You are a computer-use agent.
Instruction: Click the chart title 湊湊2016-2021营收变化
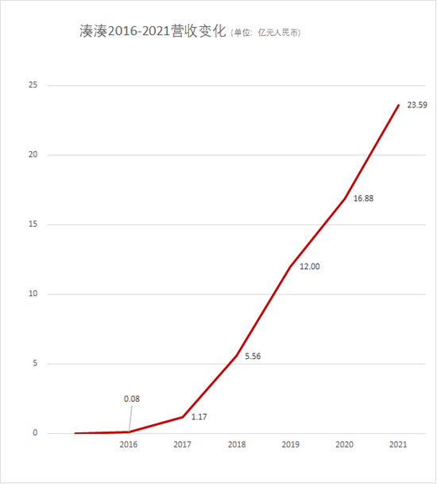[x=153, y=32]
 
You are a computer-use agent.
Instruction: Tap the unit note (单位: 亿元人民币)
[x=265, y=33]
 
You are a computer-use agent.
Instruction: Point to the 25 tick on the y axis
[x=33, y=85]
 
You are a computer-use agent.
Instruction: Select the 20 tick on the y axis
[x=33, y=154]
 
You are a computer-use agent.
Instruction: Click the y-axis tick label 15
[x=33, y=224]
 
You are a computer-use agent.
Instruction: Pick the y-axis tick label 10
[x=33, y=294]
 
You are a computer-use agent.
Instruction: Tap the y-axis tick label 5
[x=35, y=363]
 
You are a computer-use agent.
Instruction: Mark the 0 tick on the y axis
[x=35, y=433]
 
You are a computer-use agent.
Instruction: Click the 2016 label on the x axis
[x=129, y=444]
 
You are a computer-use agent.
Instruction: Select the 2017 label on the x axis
[x=182, y=444]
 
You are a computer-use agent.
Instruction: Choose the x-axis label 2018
[x=237, y=444]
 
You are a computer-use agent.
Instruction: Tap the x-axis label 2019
[x=290, y=444]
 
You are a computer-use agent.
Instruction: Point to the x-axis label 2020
[x=344, y=444]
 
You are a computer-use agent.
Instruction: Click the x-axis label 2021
[x=398, y=444]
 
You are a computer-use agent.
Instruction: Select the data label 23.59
[x=417, y=105]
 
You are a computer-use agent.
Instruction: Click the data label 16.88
[x=363, y=198]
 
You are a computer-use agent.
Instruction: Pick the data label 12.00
[x=310, y=267]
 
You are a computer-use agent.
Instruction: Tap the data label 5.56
[x=253, y=357]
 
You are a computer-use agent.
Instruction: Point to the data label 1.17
[x=199, y=417]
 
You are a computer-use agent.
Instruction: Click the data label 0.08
[x=132, y=399]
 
